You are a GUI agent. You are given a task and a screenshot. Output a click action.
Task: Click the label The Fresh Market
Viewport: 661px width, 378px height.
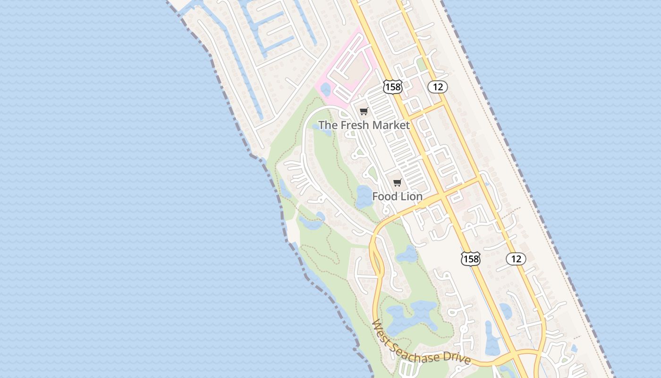point(364,125)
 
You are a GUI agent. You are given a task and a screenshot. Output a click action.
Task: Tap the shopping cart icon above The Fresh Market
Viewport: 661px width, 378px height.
point(364,112)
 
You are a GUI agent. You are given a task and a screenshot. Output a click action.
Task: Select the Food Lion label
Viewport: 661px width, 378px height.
point(397,196)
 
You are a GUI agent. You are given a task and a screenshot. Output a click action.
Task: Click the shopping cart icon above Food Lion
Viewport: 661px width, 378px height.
point(397,183)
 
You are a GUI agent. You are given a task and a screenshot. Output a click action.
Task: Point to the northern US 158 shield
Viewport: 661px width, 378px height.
point(393,86)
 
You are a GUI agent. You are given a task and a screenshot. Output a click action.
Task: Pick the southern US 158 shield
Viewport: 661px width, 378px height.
point(470,258)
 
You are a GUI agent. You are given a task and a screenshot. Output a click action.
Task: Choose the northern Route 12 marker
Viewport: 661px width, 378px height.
point(438,86)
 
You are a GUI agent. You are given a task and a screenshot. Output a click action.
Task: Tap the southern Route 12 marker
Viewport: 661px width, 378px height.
point(516,258)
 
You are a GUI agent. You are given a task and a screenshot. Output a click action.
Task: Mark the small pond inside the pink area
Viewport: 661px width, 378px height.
point(325,88)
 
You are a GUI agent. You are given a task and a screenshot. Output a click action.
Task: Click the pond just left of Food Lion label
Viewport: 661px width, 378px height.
point(364,196)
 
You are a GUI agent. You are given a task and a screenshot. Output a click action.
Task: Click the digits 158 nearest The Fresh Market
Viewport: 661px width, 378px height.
point(393,86)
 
